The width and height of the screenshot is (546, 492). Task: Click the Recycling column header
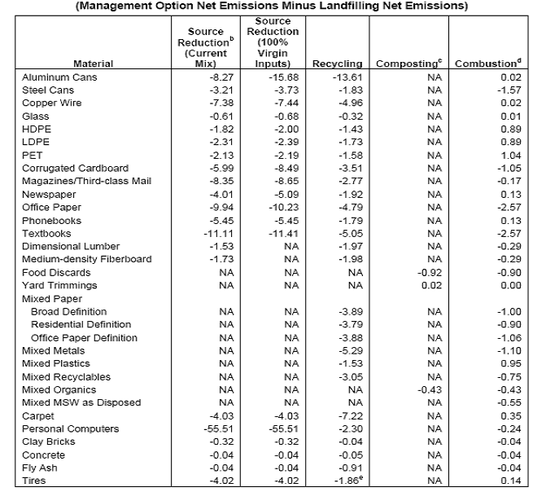pos(338,64)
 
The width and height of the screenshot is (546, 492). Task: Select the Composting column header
pos(409,63)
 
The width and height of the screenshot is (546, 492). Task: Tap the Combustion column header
pos(488,63)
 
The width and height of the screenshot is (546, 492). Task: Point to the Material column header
pos(94,64)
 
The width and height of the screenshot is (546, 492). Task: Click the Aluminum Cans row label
pos(59,77)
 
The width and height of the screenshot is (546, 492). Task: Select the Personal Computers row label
pos(70,429)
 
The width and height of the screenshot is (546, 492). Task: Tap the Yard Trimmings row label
pos(59,286)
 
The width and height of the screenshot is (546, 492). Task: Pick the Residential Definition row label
pos(81,325)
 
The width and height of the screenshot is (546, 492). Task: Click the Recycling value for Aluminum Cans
pos(347,77)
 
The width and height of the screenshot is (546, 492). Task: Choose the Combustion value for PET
pos(511,155)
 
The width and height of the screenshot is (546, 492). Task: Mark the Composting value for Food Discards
pos(430,273)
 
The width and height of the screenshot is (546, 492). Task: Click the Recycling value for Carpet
pos(351,416)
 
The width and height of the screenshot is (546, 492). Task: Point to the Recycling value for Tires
pos(348,481)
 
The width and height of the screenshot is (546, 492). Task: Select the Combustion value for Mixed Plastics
pos(511,363)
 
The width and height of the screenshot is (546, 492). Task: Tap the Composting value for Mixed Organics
pos(430,390)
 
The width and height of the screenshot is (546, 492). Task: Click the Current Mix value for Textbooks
pos(219,234)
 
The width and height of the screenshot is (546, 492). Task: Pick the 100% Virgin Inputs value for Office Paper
pos(284,208)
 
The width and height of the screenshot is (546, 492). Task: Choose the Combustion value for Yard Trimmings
pos(511,286)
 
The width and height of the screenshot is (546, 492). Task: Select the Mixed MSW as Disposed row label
pos(81,402)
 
